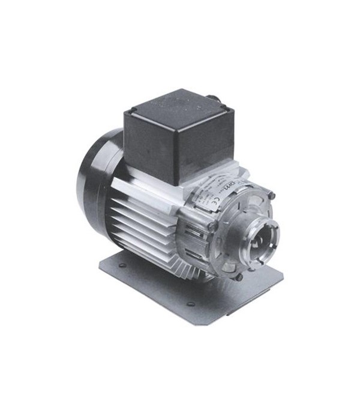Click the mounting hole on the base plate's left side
pos(122,264)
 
